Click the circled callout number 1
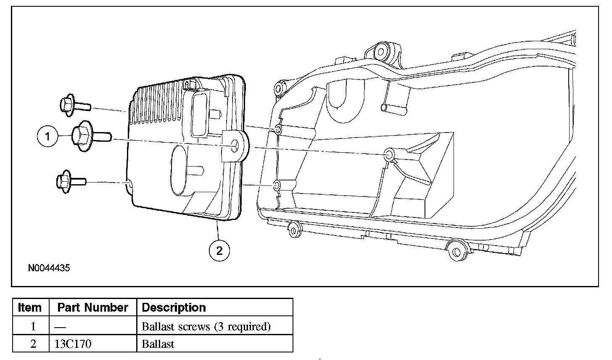48,136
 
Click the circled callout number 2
219,251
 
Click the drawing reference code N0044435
49,268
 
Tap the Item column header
30,307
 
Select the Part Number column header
92,307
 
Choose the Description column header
174,307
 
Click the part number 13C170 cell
73,344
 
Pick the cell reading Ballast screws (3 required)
206,326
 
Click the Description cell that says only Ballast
158,344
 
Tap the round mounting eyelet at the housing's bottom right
456,252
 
